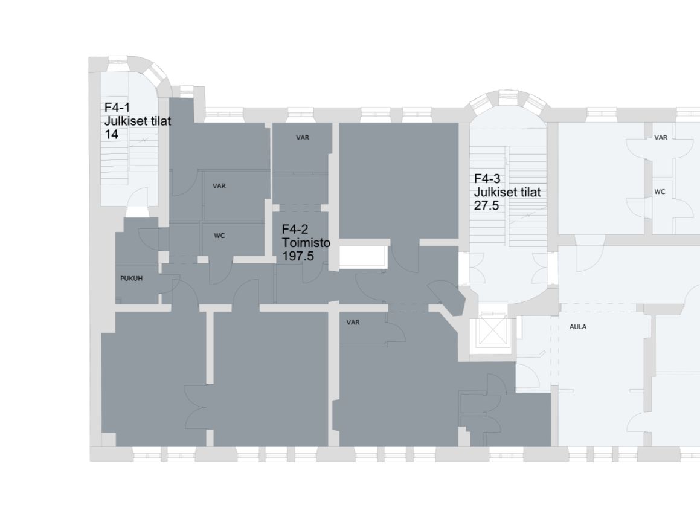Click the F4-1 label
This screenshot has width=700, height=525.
coord(117,108)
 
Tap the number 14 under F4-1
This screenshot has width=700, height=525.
coord(111,134)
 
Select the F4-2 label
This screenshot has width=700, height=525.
coord(295,230)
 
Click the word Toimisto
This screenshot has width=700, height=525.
coord(306,243)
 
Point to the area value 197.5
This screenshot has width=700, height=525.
coord(298,256)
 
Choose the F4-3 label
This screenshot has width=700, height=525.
coord(487,179)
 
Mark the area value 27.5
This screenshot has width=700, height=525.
coord(486,206)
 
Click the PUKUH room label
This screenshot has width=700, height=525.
coord(131,278)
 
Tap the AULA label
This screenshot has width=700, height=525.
coord(577,327)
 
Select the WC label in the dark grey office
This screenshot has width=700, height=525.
coord(219,236)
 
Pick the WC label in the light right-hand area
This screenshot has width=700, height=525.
coord(660,192)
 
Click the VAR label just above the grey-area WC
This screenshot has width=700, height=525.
coord(219,185)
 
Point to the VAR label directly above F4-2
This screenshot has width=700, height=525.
coord(303,138)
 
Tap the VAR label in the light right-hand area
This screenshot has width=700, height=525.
coord(661,138)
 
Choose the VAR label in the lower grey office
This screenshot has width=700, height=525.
coord(353,323)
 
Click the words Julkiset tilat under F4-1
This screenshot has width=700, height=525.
coord(138,121)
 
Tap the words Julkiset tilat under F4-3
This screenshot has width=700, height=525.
coord(507,192)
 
